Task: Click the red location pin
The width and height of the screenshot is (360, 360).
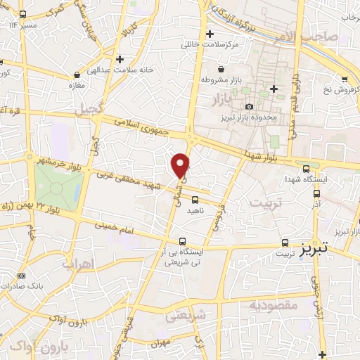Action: click(181, 165)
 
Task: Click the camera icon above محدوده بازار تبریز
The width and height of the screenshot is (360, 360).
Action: click(249, 105)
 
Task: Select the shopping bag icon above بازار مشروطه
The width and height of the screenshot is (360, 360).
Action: click(222, 70)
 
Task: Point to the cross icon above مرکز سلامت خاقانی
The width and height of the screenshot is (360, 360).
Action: click(209, 34)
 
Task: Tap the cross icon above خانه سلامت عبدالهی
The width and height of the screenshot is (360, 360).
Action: click(122, 59)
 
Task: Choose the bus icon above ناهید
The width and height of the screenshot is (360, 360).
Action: click(195, 200)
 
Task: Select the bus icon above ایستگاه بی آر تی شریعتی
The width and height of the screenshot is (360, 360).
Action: click(183, 240)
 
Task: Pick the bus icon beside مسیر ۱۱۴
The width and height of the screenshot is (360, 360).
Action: click(22, 14)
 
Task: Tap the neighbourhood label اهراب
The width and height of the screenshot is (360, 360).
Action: click(77, 264)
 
